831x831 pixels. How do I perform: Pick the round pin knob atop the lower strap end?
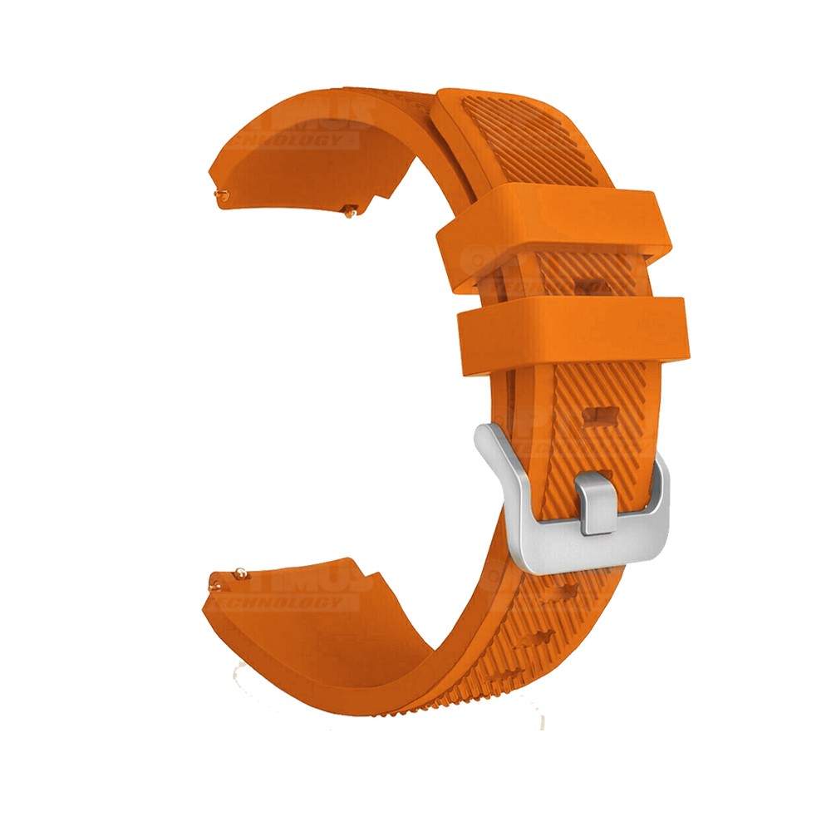240,571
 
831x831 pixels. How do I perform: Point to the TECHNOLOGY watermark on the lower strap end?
283,602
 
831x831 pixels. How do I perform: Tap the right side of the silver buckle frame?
656,499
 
